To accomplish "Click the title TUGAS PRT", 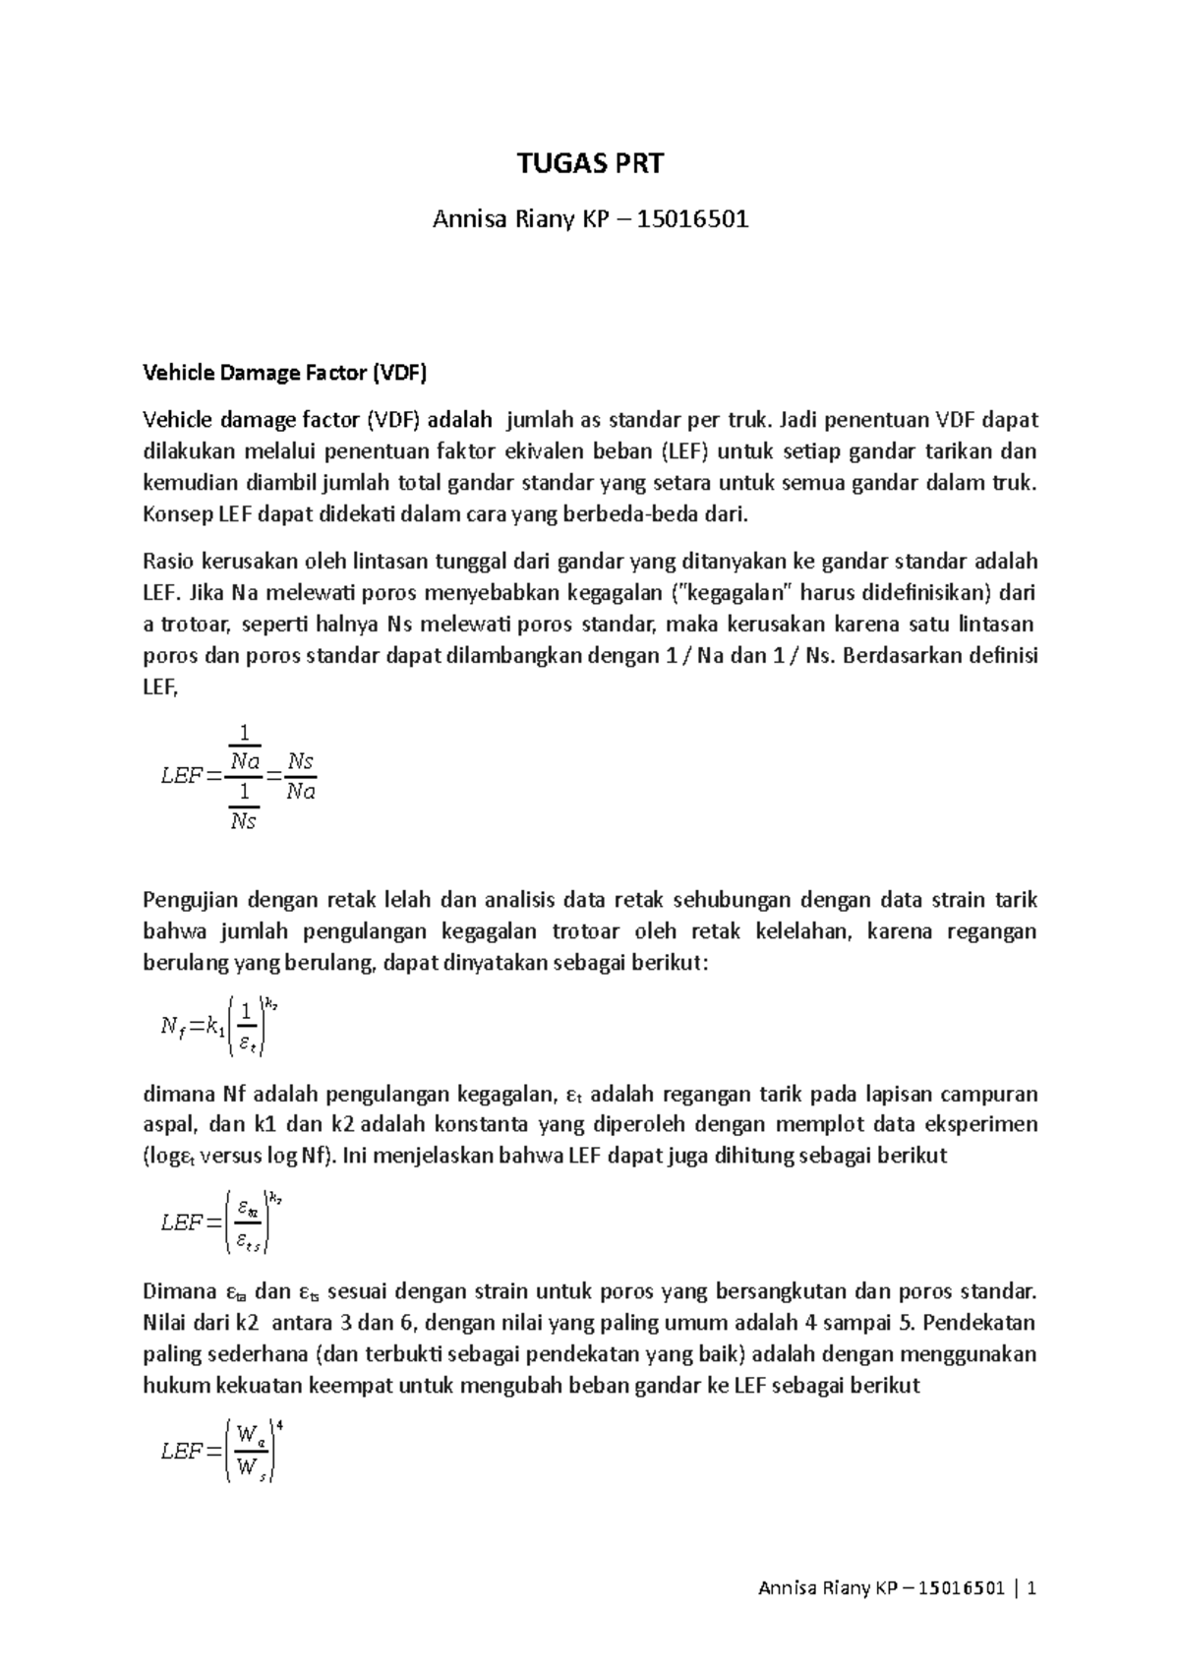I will tap(590, 163).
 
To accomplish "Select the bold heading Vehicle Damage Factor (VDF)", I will tap(286, 373).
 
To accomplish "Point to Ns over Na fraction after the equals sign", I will tap(300, 776).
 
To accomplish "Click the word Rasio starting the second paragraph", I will tap(169, 562).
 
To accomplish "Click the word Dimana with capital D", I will tap(179, 1291).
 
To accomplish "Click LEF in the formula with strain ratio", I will tap(181, 1223).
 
